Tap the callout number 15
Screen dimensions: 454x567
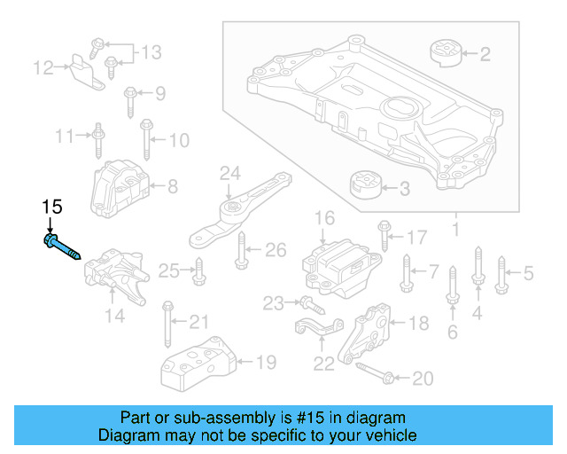(x=52, y=207)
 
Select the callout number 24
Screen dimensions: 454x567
(x=229, y=172)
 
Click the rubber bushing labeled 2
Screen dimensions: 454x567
(x=447, y=52)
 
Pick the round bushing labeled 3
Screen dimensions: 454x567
(x=364, y=187)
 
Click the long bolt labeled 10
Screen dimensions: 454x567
(x=145, y=140)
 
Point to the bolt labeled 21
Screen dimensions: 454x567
(x=167, y=325)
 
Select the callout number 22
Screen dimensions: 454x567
(x=324, y=363)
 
